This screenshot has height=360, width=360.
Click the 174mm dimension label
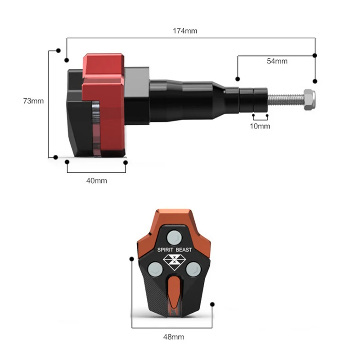tap(185, 31)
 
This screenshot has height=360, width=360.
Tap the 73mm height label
tap(33, 101)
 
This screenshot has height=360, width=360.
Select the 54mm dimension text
tap(277, 61)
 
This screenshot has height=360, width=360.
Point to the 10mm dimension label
tap(260, 126)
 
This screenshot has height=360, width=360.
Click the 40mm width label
tap(97, 181)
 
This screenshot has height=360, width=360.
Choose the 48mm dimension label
tap(174, 337)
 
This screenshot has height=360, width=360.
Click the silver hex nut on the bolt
tap(309, 100)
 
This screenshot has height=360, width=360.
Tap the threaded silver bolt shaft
tap(286, 99)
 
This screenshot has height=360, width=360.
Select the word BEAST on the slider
tap(184, 250)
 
